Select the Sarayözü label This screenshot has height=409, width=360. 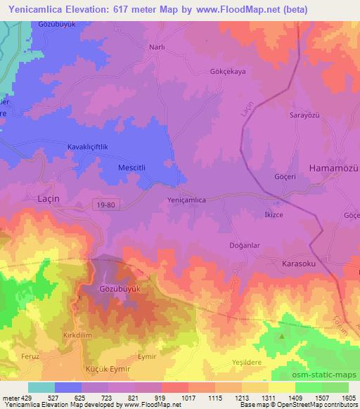tap(306, 115)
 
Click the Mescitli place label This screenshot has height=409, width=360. tap(131, 168)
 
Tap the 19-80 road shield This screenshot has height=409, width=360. tap(105, 203)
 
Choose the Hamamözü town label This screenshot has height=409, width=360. tap(334, 169)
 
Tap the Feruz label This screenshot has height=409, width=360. tap(30, 357)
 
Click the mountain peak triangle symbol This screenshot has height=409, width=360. tap(282, 337)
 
